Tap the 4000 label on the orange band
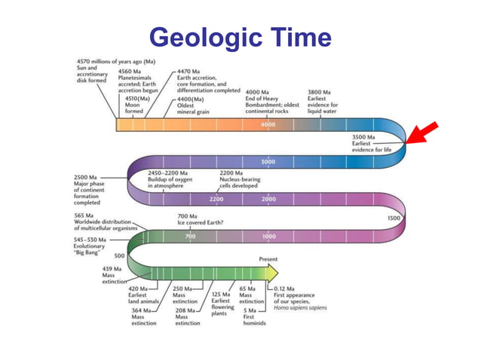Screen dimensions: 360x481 (268, 124)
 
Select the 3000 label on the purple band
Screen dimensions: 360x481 (268, 162)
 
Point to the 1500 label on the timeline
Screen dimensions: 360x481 (393, 218)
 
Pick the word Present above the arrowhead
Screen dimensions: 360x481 (268, 258)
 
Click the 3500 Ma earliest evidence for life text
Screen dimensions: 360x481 (372, 142)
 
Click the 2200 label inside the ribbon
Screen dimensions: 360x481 (216, 200)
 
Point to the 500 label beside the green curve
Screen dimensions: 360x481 (119, 255)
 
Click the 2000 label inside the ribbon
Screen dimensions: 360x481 (269, 200)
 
